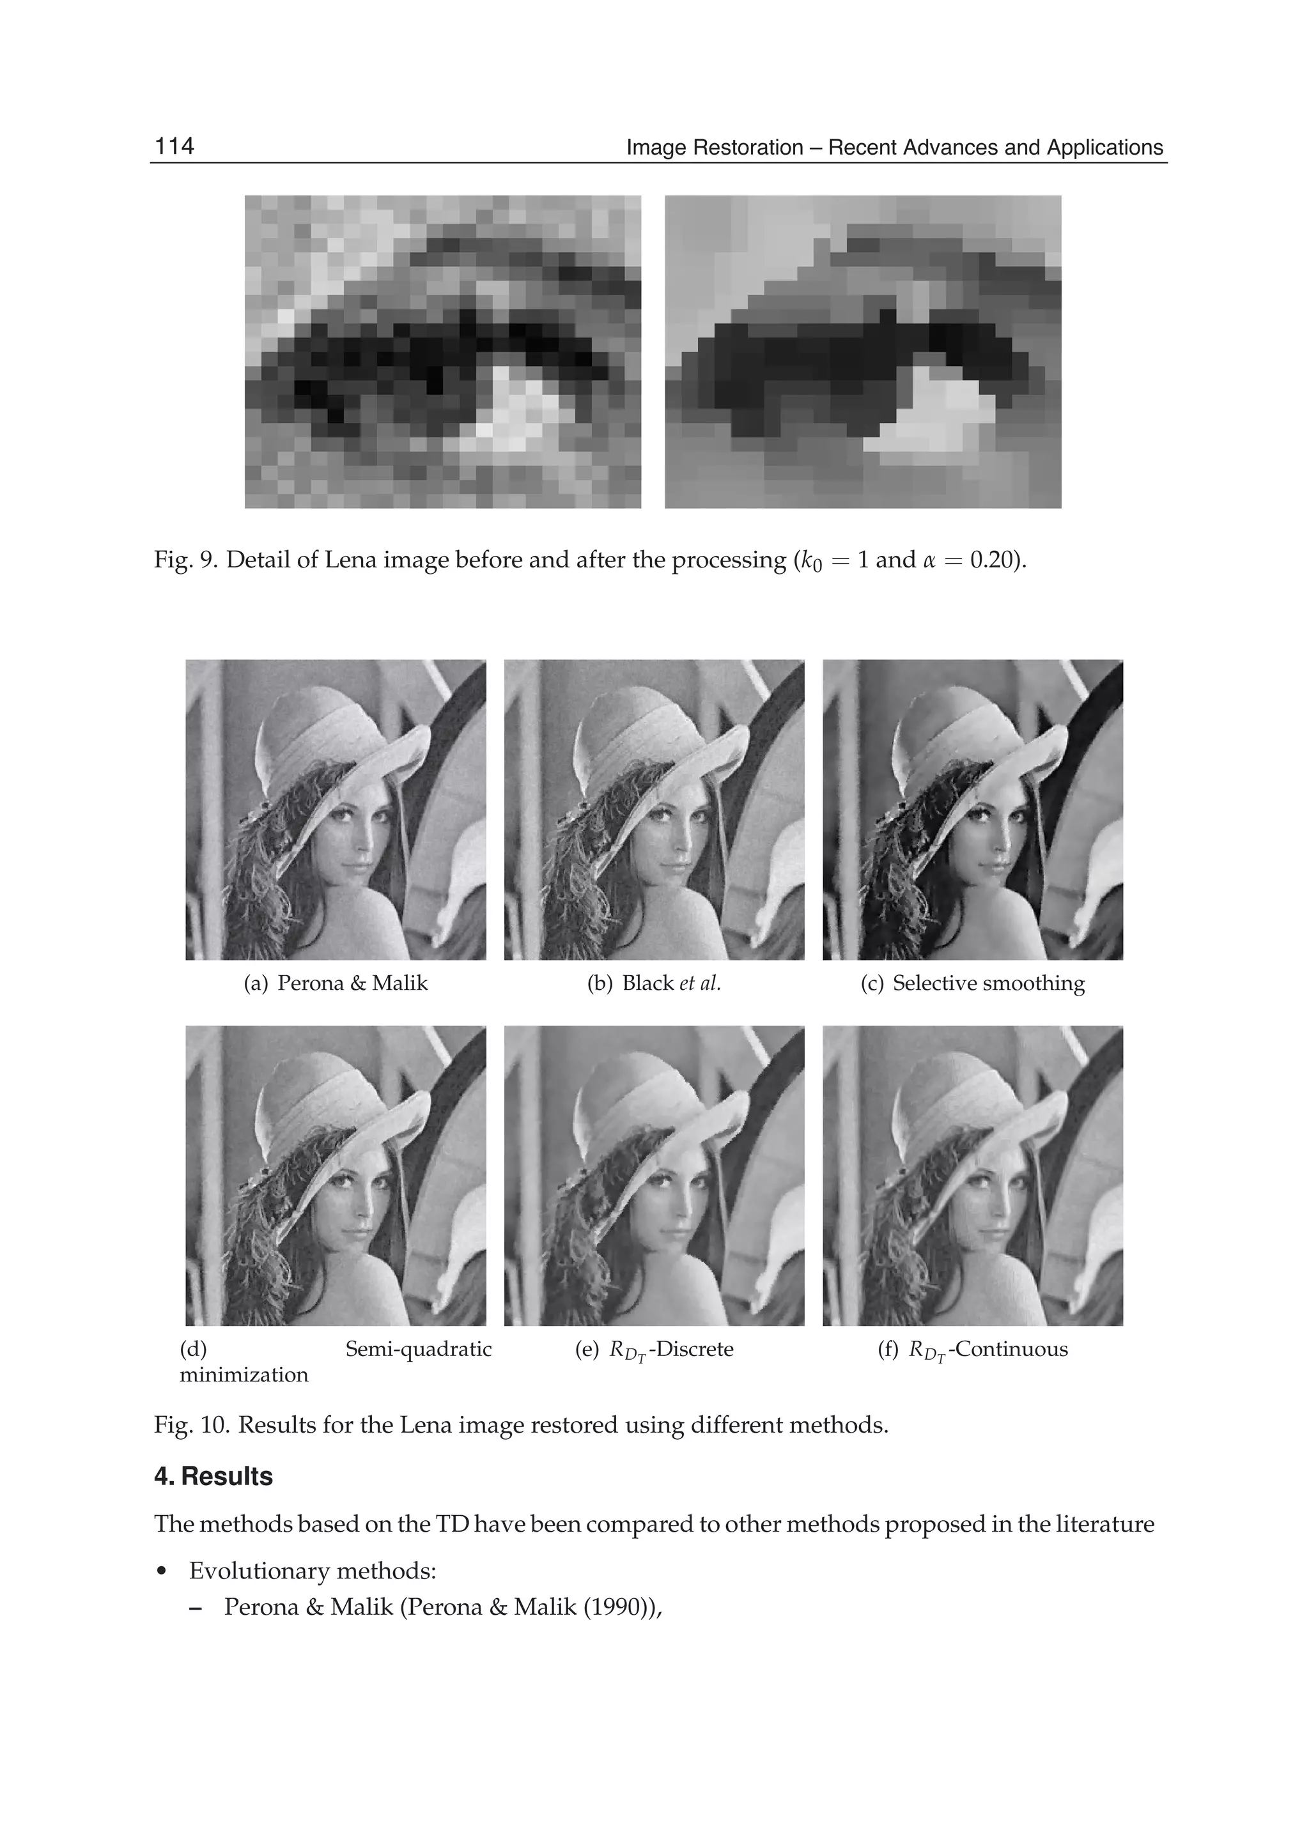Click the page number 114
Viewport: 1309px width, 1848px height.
click(174, 146)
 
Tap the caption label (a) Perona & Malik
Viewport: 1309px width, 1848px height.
click(336, 983)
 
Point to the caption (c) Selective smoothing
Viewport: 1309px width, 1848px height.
click(972, 983)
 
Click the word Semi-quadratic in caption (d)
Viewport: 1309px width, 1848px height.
click(419, 1349)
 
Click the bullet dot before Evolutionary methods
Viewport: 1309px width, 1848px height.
click(163, 1571)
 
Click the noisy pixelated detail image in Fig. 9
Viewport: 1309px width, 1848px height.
click(442, 351)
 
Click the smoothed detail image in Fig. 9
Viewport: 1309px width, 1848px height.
click(862, 351)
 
